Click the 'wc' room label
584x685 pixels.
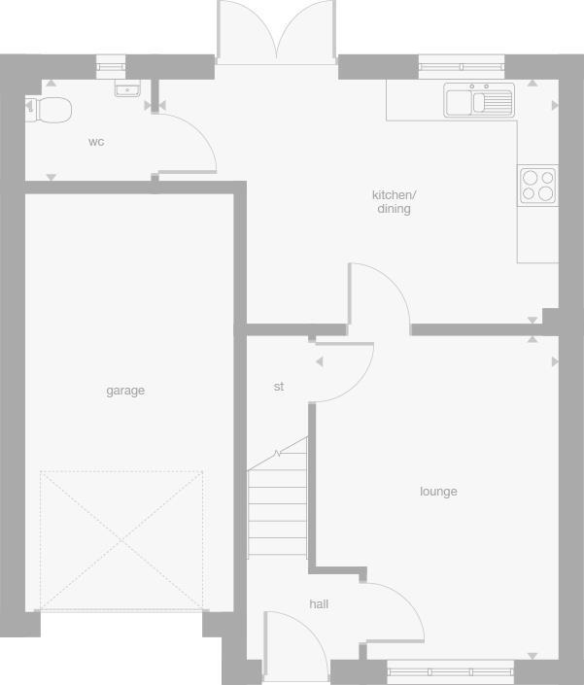[96, 142]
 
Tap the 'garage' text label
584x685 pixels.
[125, 391]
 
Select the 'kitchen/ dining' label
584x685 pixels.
[394, 202]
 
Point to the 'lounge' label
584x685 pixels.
[438, 492]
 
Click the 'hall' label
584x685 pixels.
[319, 604]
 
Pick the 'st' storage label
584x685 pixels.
[279, 387]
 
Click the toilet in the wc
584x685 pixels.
[51, 109]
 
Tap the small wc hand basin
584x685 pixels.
[127, 89]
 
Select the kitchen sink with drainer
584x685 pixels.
[479, 100]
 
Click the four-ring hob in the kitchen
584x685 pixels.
[537, 185]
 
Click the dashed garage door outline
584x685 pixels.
[121, 540]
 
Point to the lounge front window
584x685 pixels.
[449, 670]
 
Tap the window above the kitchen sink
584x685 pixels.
[462, 65]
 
